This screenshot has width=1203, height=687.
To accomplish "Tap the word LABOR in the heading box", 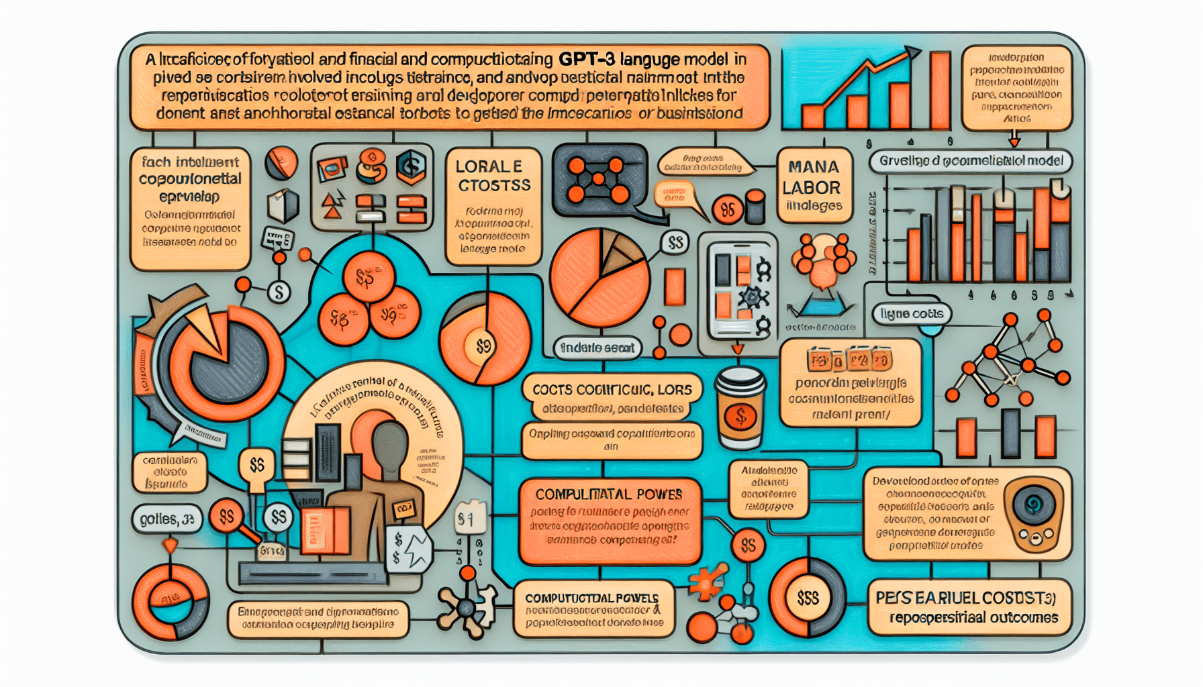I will (x=811, y=187).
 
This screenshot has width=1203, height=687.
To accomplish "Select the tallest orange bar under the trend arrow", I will (x=940, y=91).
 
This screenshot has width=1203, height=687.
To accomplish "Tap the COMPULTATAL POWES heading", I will (x=608, y=494).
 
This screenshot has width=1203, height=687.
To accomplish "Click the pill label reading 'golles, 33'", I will (x=167, y=519).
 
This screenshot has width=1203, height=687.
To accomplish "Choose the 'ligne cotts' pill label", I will (x=911, y=313).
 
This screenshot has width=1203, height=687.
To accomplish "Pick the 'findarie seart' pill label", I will (x=597, y=348).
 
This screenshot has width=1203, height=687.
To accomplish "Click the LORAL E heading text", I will (x=488, y=166).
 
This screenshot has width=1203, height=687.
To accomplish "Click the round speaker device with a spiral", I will (x=1033, y=513).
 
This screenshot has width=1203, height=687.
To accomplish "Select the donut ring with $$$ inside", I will (x=807, y=597).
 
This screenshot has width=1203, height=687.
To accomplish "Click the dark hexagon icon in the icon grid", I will (x=410, y=166).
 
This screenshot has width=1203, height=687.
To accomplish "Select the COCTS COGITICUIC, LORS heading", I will (x=612, y=389).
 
